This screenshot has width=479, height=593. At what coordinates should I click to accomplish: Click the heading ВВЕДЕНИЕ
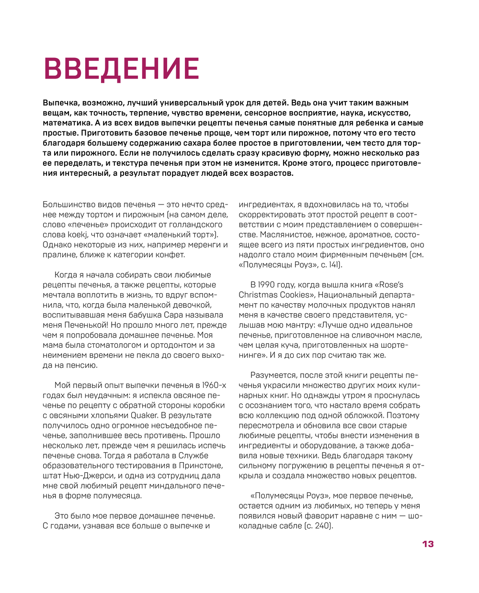121,68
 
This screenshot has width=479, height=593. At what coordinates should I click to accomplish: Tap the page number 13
428,544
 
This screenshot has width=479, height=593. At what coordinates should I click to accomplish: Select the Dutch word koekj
76,235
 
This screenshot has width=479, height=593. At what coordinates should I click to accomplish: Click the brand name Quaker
144,415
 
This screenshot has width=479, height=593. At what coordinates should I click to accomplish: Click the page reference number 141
334,265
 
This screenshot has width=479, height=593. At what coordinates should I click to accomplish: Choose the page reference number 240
322,526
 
